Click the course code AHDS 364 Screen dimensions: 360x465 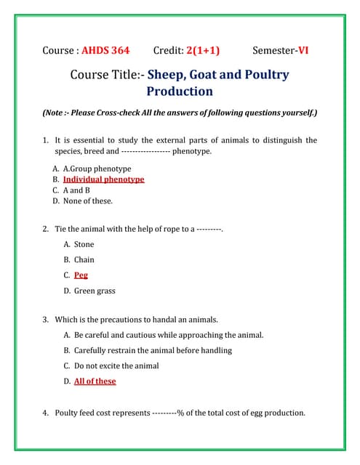(x=105, y=50)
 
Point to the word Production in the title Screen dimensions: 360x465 (x=180, y=92)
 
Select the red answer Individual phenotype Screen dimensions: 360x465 (x=103, y=179)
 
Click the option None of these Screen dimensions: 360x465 (x=87, y=201)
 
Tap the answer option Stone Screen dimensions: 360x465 (x=84, y=244)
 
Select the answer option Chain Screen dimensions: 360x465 (x=84, y=259)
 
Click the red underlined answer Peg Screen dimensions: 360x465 (x=81, y=275)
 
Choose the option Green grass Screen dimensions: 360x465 (x=95, y=291)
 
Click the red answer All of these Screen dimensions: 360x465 (x=95, y=381)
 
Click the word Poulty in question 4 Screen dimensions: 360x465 (x=68, y=413)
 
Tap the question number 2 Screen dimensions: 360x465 (x=46, y=229)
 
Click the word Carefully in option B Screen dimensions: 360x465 (x=91, y=350)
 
